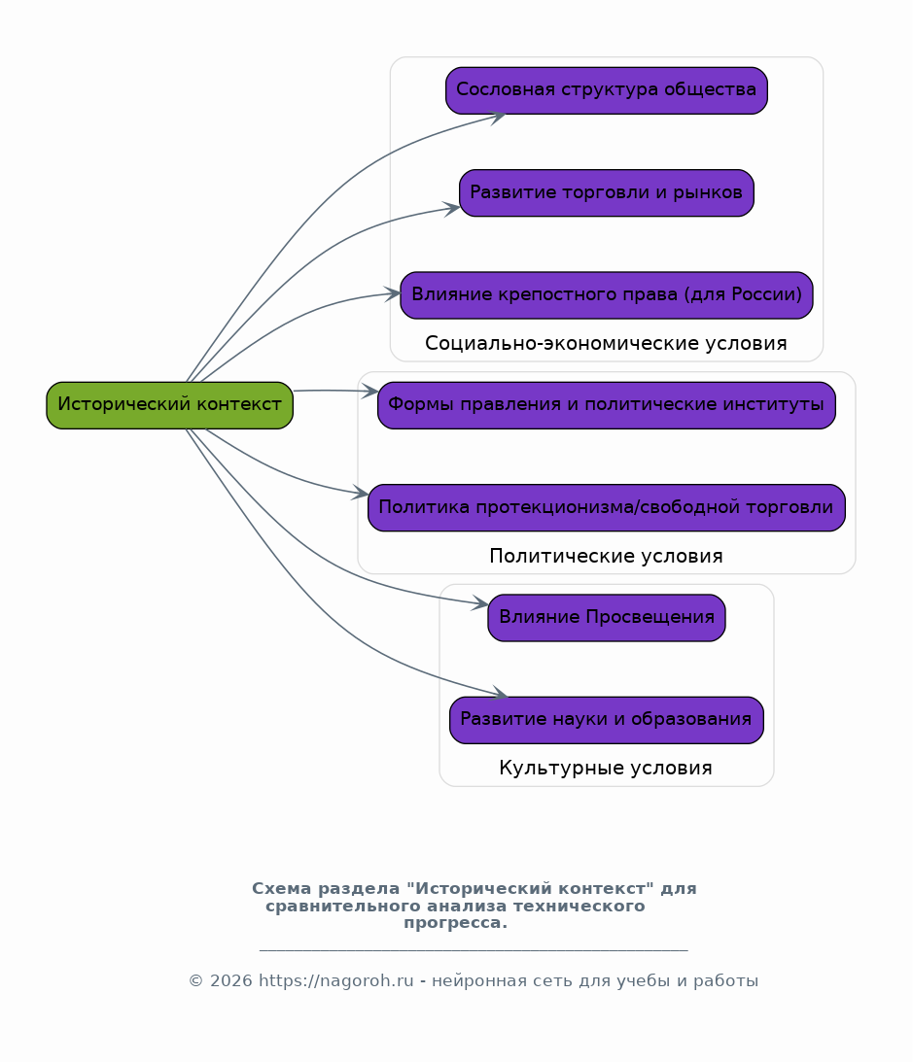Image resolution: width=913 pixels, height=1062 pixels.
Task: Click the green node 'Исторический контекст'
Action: point(169,405)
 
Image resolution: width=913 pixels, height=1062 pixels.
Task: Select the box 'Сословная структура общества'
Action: point(607,90)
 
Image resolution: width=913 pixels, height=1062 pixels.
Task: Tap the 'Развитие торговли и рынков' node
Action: point(607,193)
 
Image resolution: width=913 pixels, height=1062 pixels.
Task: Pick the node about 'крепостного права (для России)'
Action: point(607,295)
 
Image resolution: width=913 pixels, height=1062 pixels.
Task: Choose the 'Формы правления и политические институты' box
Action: point(607,405)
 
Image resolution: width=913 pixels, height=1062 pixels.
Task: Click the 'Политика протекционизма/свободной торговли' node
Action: point(607,507)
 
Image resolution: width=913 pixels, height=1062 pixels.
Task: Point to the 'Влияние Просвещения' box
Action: point(607,618)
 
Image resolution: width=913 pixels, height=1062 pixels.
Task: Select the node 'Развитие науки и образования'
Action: point(607,720)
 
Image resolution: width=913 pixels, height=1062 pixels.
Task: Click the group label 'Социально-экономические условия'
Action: point(606,343)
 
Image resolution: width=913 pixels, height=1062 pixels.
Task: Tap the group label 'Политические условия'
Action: point(606,556)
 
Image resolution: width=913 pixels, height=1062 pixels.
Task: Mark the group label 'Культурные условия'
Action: point(606,768)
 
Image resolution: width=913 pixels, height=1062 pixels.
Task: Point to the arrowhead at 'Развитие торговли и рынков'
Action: point(452,209)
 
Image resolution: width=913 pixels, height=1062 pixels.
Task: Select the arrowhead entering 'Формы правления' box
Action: point(370,391)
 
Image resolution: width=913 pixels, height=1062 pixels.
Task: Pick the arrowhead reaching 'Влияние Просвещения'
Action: point(480,602)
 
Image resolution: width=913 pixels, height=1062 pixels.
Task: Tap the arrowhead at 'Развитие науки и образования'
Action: point(500,694)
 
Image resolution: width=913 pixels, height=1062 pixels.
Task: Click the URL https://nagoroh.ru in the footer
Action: point(336,980)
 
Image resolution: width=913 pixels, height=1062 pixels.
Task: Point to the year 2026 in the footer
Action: point(231,980)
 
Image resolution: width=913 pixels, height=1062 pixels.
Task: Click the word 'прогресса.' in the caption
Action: point(455,923)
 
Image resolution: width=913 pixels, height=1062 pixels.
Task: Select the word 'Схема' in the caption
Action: point(282,889)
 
